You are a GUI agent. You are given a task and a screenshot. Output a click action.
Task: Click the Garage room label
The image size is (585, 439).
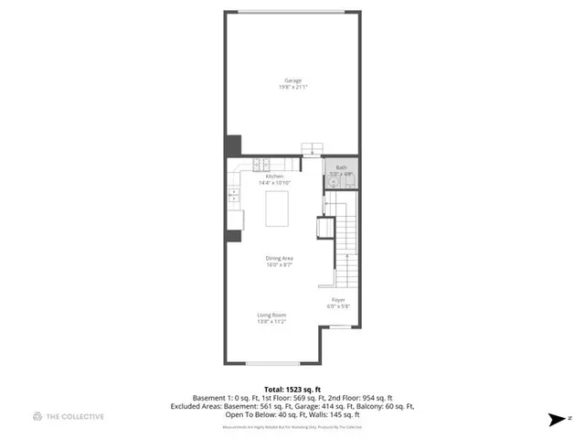click(x=292, y=80)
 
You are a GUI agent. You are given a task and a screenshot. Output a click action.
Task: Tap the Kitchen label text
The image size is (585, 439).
click(x=274, y=176)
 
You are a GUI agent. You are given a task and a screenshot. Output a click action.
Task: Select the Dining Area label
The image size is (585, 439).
click(x=279, y=259)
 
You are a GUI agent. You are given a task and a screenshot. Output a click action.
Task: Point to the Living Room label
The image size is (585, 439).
click(x=272, y=315)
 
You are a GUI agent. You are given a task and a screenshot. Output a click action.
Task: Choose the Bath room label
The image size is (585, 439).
click(x=341, y=167)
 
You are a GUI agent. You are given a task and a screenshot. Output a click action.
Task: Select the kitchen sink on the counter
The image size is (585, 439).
click(x=233, y=193)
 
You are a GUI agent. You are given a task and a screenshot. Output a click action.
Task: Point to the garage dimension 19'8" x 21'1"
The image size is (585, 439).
click(x=292, y=87)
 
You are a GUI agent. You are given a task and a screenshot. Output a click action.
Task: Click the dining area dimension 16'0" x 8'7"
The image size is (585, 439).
click(x=279, y=265)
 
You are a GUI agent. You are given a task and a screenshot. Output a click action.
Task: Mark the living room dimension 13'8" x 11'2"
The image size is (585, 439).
click(x=272, y=321)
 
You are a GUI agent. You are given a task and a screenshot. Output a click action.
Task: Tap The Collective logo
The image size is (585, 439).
click(x=69, y=416)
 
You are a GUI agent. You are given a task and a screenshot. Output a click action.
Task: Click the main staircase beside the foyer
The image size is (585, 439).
click(x=346, y=238)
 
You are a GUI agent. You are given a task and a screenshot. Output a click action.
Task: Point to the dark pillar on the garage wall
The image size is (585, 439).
click(x=233, y=146)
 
